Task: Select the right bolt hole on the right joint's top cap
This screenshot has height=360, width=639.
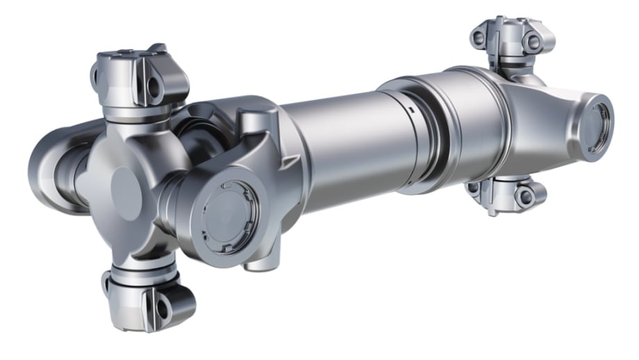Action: (533, 42)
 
